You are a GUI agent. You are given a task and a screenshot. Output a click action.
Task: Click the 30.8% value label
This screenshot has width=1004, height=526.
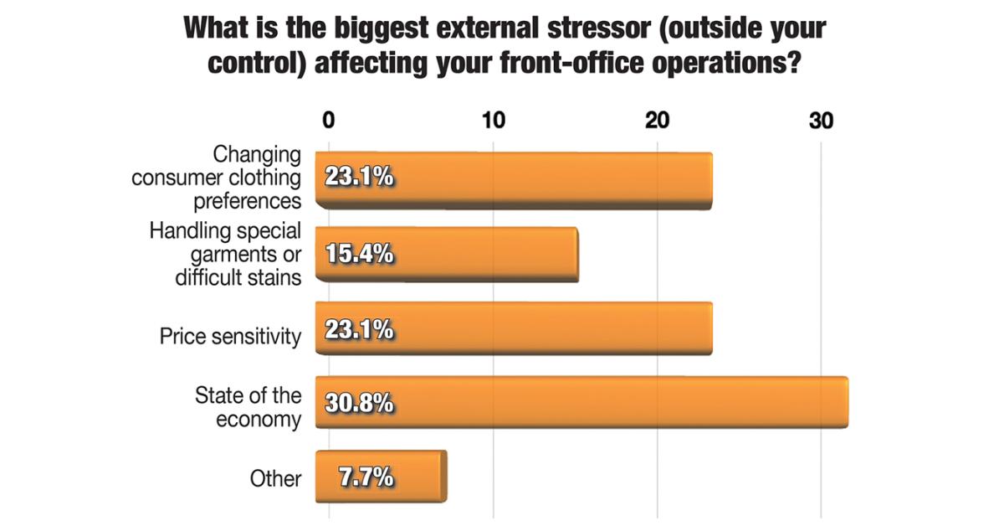pos(358,404)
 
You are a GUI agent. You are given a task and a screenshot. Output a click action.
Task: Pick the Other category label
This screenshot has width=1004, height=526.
pos(275,478)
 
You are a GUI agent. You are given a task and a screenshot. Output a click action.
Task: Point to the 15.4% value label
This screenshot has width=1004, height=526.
pos(358,255)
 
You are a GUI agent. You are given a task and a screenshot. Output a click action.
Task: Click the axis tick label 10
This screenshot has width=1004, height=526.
pos(493,121)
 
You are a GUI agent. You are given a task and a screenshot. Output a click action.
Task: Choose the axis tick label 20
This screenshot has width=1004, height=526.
pos(657,121)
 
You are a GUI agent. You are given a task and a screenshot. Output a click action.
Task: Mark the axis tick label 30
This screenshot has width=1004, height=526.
pos(821,121)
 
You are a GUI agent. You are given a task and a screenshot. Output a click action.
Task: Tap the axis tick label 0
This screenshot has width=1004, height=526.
pos(328,121)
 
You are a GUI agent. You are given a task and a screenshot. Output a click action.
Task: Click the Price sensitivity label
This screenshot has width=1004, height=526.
pos(230,337)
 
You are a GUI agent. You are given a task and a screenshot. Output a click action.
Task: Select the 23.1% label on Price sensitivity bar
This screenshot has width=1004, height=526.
pos(358,329)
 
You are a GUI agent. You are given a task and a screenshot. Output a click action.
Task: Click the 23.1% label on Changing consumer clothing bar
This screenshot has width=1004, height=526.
pos(358,179)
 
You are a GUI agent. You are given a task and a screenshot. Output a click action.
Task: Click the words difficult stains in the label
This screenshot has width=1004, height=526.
pos(238,277)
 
